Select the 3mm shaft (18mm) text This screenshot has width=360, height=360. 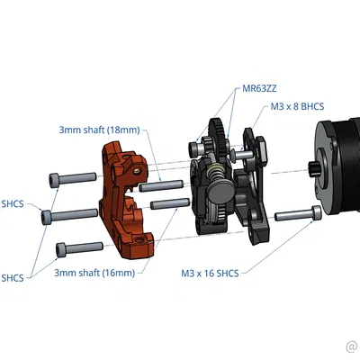click(99, 130)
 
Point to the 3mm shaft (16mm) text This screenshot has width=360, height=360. click(94, 272)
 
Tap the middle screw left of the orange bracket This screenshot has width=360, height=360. click(70, 214)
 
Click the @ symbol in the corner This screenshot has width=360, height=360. click(351, 346)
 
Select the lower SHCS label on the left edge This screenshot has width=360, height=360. click(12, 277)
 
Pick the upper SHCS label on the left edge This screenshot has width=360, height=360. click(12, 203)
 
